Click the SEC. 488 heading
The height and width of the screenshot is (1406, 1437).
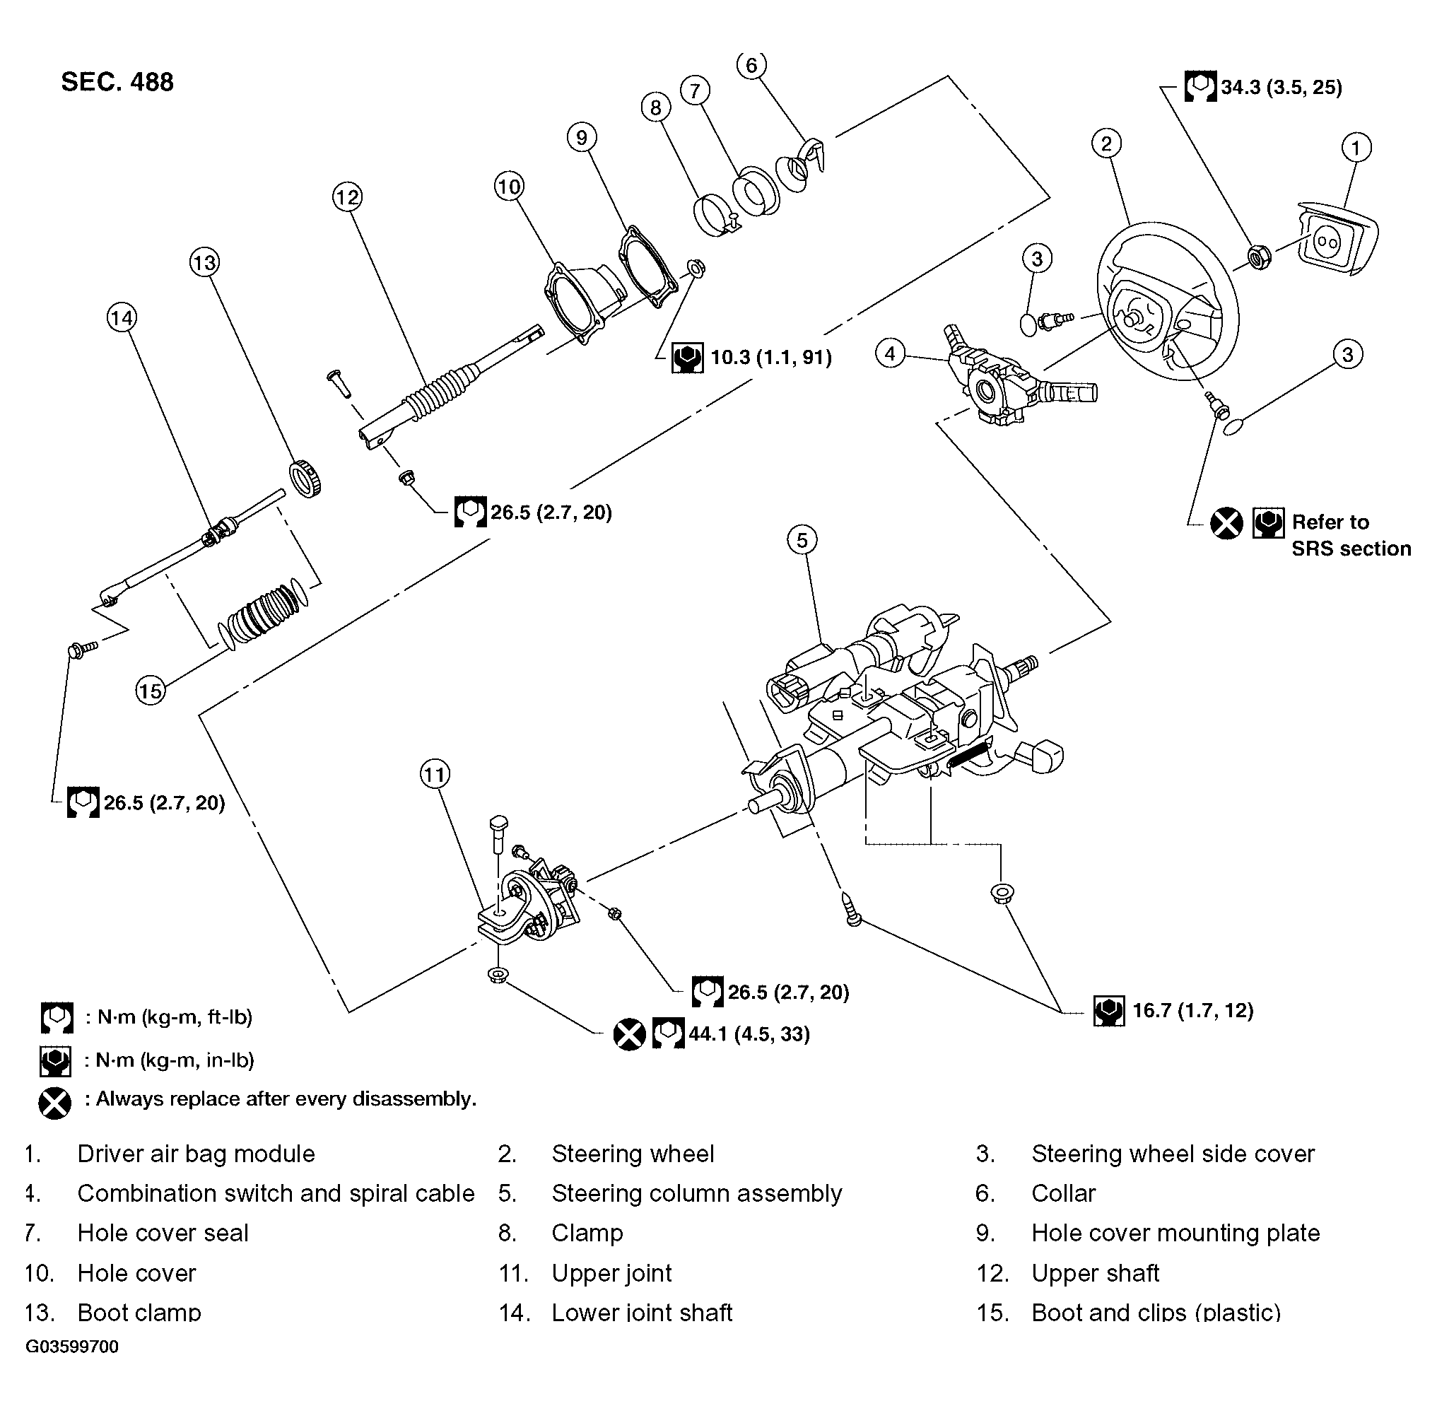tap(117, 82)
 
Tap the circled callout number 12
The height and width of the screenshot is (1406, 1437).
tap(346, 197)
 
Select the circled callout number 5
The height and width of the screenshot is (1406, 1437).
tap(802, 540)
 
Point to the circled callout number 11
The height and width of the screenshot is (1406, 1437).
tap(434, 774)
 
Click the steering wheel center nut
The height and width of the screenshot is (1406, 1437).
tap(1258, 256)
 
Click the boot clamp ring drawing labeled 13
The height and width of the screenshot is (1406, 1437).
tap(307, 478)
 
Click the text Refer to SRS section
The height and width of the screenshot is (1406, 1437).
tap(1350, 535)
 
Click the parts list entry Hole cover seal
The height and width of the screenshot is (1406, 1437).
tap(163, 1234)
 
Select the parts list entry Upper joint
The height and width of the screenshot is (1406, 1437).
tap(611, 1273)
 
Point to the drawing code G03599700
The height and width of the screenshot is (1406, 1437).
tap(71, 1346)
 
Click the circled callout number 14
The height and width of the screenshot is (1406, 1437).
tap(121, 318)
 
